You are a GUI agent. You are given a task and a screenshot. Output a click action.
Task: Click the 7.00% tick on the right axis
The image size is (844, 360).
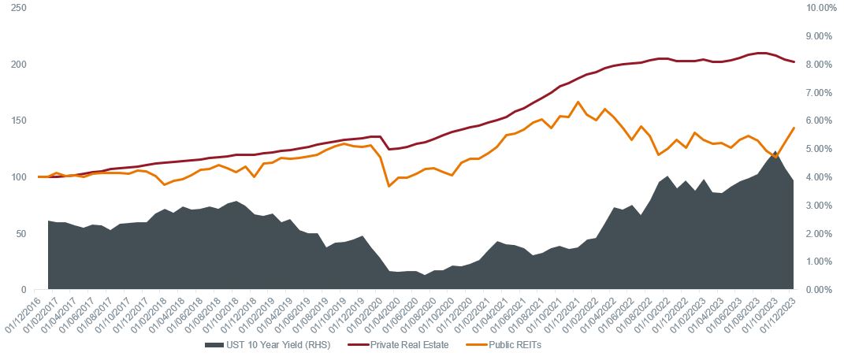click(x=818, y=92)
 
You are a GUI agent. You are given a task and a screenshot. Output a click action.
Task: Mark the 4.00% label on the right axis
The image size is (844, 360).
click(x=818, y=177)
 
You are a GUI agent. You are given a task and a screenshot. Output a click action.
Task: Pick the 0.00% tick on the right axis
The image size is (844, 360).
click(x=818, y=290)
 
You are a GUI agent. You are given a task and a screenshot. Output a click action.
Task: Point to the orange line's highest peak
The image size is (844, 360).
click(x=578, y=102)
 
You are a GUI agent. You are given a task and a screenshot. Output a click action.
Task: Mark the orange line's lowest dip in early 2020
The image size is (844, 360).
click(x=389, y=186)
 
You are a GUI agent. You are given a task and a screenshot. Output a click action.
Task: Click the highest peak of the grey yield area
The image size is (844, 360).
click(x=775, y=151)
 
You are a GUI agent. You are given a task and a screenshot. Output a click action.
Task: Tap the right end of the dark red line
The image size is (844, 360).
click(x=794, y=61)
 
